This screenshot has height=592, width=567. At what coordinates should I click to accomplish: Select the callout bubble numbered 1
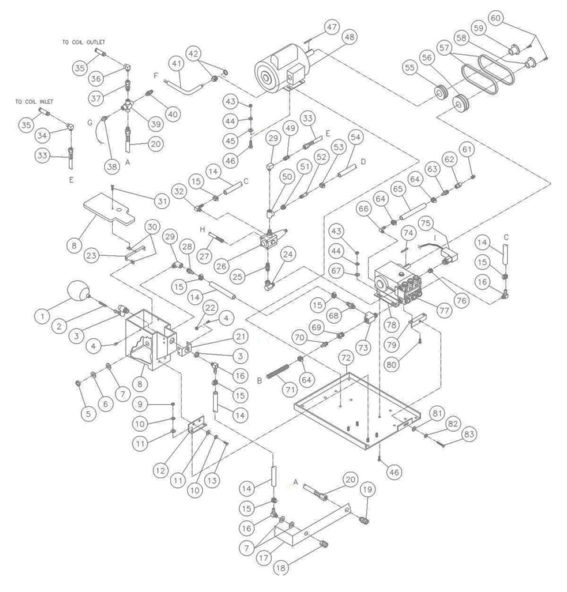point(42,316)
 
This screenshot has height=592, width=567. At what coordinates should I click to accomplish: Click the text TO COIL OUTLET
point(84,42)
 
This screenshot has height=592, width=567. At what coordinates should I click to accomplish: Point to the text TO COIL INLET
point(34,102)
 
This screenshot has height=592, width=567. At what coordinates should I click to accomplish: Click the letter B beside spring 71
point(259,380)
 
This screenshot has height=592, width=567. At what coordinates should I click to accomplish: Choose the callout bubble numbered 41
point(176,63)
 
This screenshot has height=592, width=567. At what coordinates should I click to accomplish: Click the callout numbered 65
point(398,189)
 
